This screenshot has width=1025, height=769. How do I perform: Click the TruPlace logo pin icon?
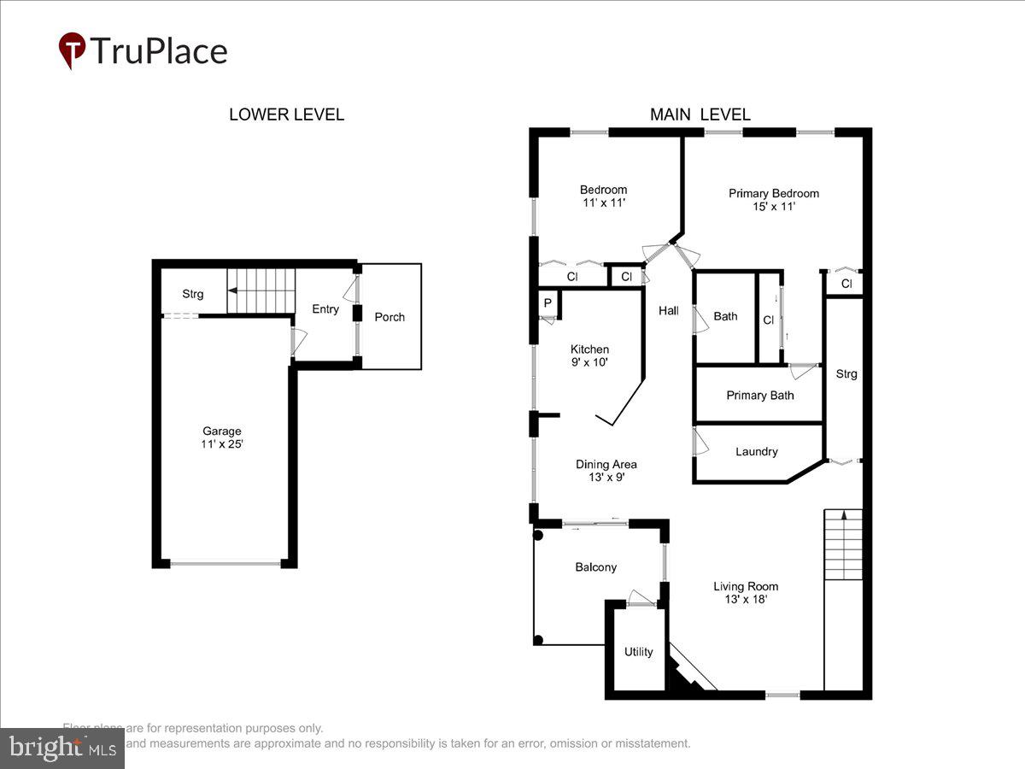click(72, 50)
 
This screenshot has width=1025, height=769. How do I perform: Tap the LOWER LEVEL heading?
click(286, 114)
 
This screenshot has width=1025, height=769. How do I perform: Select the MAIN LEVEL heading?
click(700, 114)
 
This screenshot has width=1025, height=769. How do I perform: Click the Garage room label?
click(222, 437)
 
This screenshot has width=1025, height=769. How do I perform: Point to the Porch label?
click(389, 317)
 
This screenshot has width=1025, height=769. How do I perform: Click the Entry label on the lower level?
click(325, 309)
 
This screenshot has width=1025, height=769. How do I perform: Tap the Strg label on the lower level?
click(193, 294)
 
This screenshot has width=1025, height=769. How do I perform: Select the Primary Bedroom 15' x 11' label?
click(773, 199)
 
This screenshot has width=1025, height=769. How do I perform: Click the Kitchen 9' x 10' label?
click(589, 355)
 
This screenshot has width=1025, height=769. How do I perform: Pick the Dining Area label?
click(606, 471)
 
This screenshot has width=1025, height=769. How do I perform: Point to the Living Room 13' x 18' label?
click(746, 592)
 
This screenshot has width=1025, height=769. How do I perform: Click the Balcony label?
click(595, 567)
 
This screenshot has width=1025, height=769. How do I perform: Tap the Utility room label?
click(638, 652)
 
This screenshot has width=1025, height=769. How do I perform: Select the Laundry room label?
click(756, 451)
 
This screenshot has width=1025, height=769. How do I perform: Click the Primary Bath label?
click(759, 395)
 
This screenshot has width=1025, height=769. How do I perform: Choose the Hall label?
click(668, 311)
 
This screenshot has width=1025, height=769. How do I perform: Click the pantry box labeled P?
click(546, 304)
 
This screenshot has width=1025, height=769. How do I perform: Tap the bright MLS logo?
click(61, 748)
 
